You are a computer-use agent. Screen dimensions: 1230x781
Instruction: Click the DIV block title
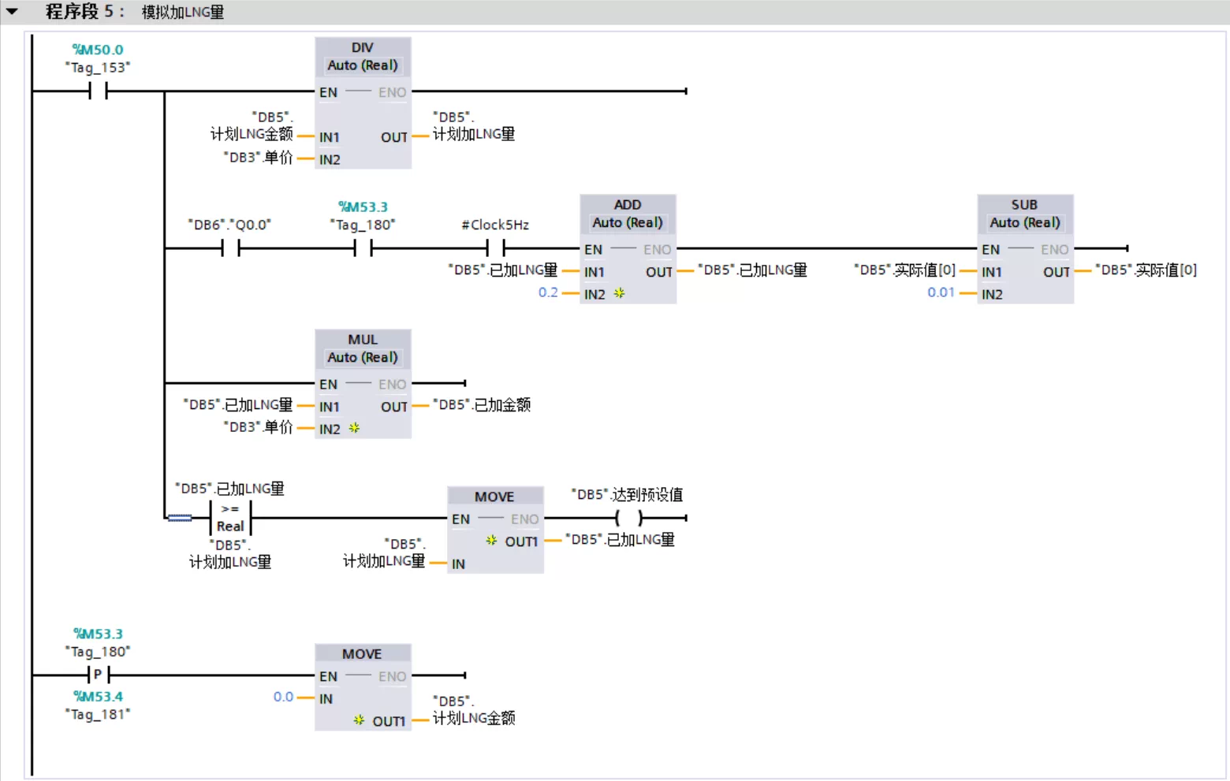[363, 48]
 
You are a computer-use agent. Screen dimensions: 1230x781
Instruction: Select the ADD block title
[628, 205]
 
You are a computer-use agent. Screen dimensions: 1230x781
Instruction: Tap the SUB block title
[1025, 205]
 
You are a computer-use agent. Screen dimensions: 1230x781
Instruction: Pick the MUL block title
[363, 340]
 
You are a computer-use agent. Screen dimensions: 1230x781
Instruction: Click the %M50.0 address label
[98, 50]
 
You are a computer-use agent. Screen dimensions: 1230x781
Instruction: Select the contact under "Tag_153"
[98, 91]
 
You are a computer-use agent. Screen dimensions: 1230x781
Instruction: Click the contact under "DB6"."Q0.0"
[230, 248]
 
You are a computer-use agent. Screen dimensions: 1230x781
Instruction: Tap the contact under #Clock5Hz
[495, 248]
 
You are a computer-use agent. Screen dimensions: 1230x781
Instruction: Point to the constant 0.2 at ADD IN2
[548, 292]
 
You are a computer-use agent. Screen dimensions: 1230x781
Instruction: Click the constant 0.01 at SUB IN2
[941, 292]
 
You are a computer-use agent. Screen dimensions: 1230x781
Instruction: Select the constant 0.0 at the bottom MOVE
[283, 697]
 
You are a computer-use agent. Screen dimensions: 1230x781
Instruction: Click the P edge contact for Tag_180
[98, 675]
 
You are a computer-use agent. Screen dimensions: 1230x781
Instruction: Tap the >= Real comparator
[230, 518]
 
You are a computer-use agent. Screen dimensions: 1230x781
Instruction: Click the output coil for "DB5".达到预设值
[628, 518]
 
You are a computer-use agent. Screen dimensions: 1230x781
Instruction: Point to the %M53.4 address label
[98, 697]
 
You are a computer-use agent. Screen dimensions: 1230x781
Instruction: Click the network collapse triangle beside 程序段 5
[12, 11]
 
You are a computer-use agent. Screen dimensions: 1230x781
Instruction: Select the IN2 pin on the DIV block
[330, 160]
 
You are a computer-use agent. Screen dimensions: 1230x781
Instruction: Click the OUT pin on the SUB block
[1056, 272]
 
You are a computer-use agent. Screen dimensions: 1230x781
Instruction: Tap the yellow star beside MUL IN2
[354, 428]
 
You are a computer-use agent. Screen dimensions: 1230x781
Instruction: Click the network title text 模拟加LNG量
[183, 12]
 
